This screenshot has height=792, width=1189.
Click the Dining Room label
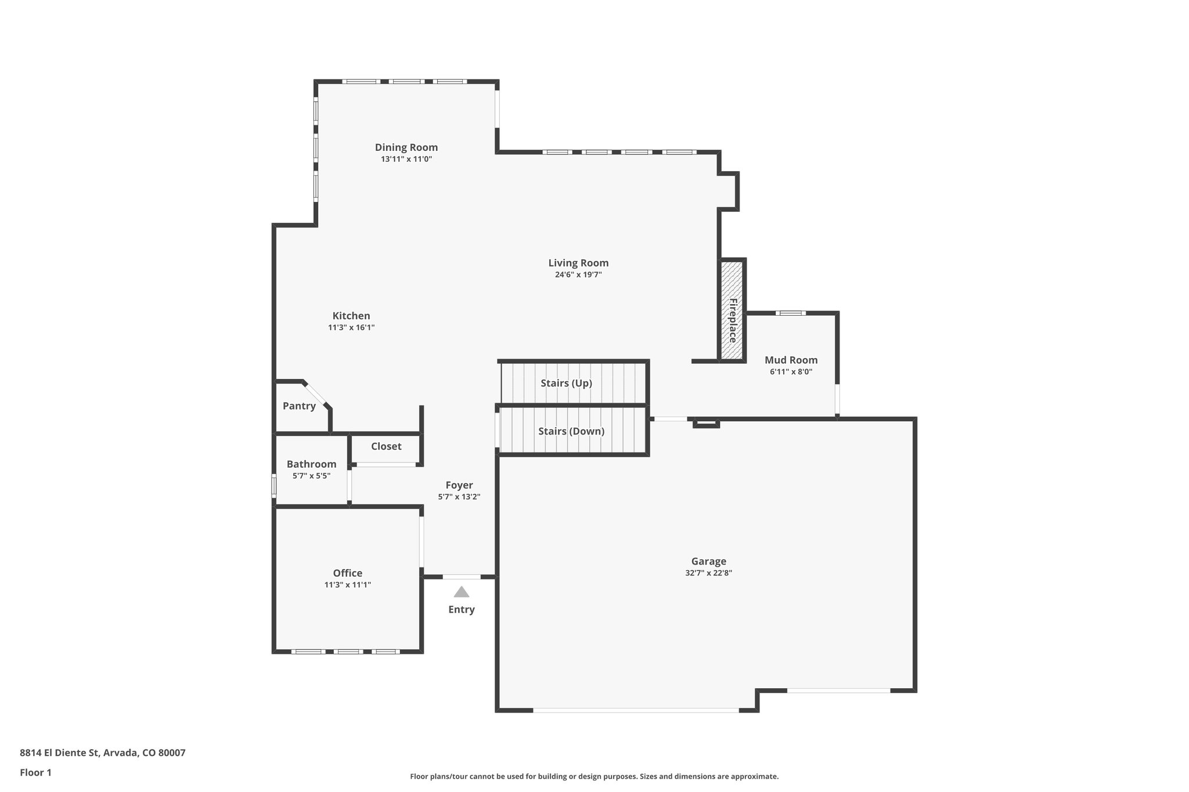pyautogui.click(x=406, y=147)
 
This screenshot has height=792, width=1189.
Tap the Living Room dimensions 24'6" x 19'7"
pyautogui.click(x=578, y=275)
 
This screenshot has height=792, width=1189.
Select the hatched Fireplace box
pyautogui.click(x=732, y=310)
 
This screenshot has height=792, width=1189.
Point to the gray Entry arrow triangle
pyautogui.click(x=462, y=592)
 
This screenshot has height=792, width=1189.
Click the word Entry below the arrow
pyautogui.click(x=462, y=609)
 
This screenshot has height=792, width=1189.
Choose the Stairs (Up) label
pyautogui.click(x=566, y=383)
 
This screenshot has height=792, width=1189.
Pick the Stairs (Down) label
pyautogui.click(x=571, y=431)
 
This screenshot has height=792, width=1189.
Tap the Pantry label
pyautogui.click(x=299, y=406)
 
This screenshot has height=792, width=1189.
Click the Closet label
pyautogui.click(x=386, y=446)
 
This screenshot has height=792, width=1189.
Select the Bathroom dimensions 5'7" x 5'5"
pyautogui.click(x=312, y=476)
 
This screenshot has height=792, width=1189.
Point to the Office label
pyautogui.click(x=348, y=573)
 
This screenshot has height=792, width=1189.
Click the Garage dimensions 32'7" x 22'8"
pyautogui.click(x=708, y=573)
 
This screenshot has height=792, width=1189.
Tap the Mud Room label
pyautogui.click(x=791, y=360)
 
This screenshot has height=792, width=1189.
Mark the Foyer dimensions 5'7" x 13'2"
pyautogui.click(x=459, y=497)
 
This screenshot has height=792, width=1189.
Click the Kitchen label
pyautogui.click(x=351, y=316)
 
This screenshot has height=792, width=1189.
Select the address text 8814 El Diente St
pyautogui.click(x=61, y=753)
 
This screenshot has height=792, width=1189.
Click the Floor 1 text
pyautogui.click(x=36, y=773)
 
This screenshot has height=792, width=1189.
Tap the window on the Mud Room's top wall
pyautogui.click(x=790, y=313)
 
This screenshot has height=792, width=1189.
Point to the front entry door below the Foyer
pyautogui.click(x=462, y=577)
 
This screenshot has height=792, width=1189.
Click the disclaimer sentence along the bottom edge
pyautogui.click(x=594, y=776)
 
